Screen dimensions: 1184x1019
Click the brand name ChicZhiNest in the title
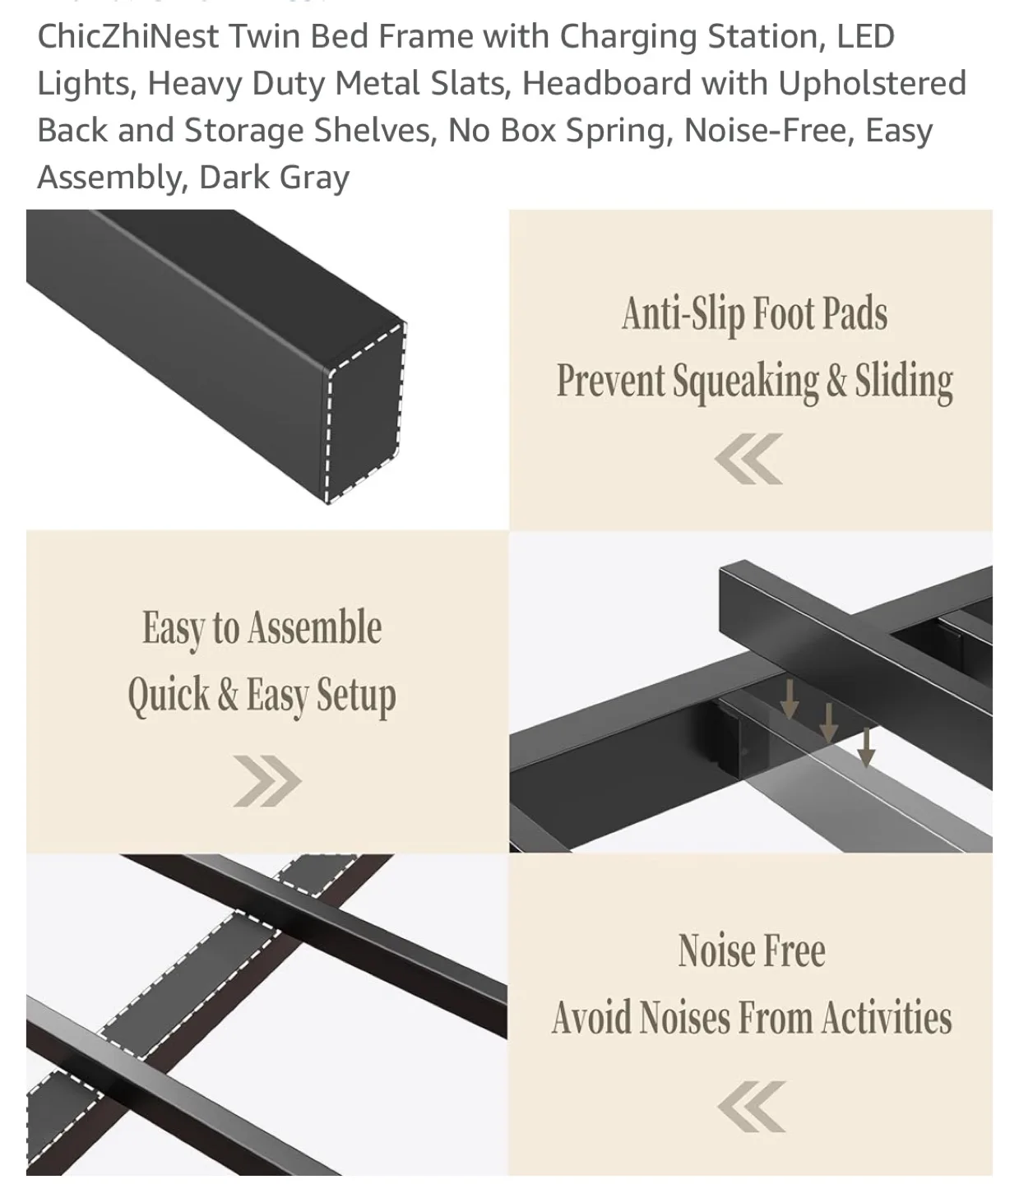tap(127, 37)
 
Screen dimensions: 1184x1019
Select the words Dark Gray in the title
tap(274, 178)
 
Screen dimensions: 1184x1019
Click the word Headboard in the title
tap(606, 84)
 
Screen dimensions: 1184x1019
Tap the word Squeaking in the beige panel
tap(745, 382)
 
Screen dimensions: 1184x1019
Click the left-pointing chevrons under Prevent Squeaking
tap(748, 459)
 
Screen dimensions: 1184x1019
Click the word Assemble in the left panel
tap(314, 629)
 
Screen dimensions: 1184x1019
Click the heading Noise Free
tap(751, 951)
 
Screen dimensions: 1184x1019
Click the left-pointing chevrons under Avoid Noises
tap(751, 1107)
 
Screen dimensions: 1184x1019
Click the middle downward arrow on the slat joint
tap(828, 722)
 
